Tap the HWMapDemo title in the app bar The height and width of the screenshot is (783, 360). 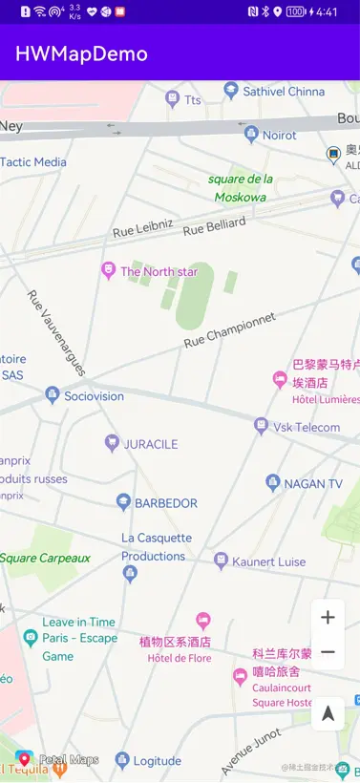(81, 53)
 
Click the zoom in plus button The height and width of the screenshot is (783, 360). (328, 617)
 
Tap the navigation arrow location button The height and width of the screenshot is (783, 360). (328, 713)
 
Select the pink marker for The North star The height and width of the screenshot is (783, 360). (108, 271)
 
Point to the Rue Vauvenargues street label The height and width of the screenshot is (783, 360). (58, 333)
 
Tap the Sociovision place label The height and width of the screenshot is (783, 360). (94, 395)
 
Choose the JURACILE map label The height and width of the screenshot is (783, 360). (150, 444)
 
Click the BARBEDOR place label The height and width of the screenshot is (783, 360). (165, 502)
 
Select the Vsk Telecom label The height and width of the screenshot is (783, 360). (307, 427)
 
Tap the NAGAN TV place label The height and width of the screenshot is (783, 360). (312, 484)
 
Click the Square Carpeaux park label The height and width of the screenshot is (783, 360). (45, 558)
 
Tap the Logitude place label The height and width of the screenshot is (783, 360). (157, 761)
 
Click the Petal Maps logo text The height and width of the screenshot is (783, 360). (69, 760)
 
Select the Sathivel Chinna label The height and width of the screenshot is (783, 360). (284, 92)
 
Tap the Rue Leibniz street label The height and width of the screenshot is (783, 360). (143, 227)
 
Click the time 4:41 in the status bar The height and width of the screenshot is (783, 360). (326, 12)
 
